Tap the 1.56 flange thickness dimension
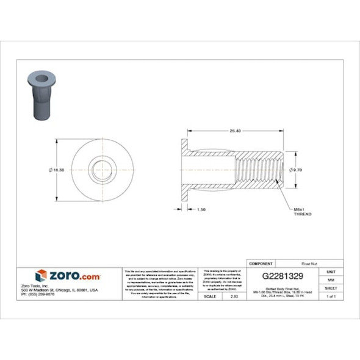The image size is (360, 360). [201, 209]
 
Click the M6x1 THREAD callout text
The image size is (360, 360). [303, 212]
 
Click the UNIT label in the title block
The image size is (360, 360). [331, 271]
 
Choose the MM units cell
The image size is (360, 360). [331, 279]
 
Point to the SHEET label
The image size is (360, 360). [331, 287]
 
